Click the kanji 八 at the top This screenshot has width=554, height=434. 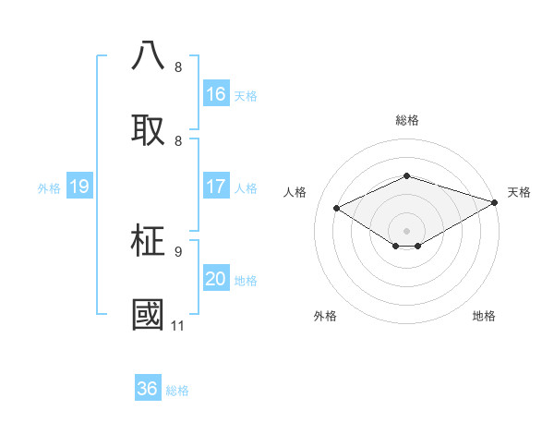149,56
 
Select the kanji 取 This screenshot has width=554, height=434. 149,129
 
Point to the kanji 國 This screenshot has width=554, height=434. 149,315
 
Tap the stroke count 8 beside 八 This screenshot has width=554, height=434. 177,66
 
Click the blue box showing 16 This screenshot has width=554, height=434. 216,94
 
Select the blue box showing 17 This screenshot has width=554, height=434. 216,187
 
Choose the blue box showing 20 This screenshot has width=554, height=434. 216,279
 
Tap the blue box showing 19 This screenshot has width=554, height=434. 79,187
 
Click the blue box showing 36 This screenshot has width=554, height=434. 148,389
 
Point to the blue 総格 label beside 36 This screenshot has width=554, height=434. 177,391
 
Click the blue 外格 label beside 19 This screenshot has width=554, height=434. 49,187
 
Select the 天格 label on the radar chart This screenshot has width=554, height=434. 519,192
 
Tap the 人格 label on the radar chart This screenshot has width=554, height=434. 295,192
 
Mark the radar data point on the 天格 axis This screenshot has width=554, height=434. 496,202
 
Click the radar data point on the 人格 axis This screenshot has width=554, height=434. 337,209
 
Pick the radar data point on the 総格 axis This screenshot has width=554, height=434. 406,175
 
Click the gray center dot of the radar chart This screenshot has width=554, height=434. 406,230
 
